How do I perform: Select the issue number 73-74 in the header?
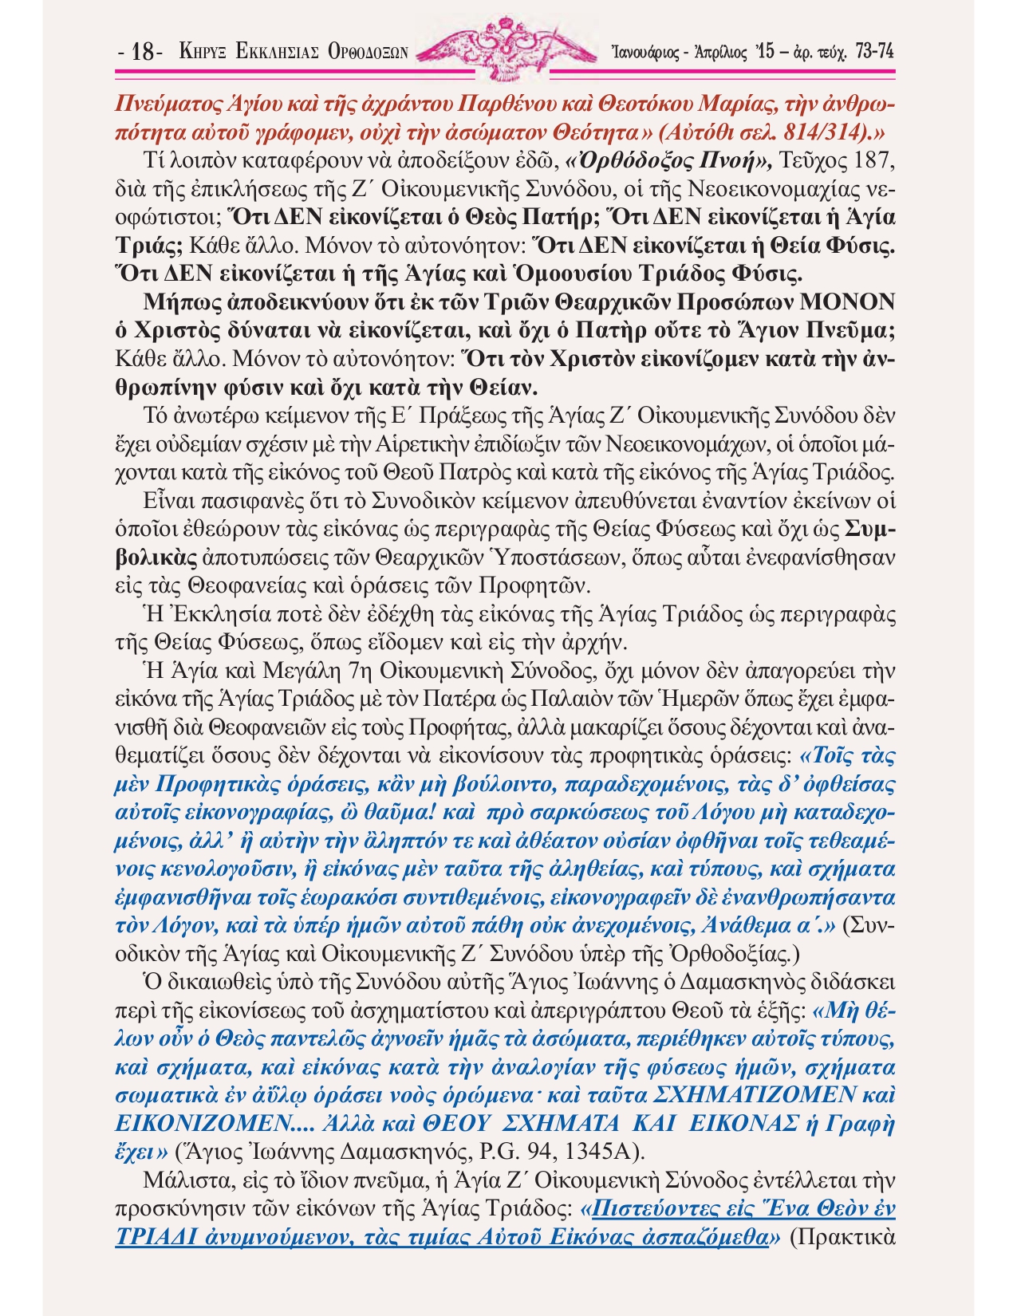click(873, 52)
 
